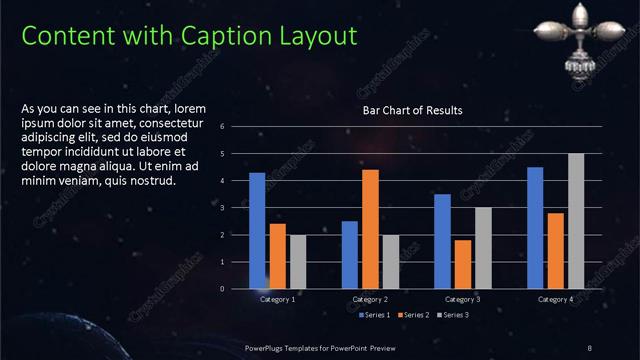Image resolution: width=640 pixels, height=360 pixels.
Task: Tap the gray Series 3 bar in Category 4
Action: point(576,221)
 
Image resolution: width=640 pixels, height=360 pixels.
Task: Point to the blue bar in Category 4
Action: point(535,228)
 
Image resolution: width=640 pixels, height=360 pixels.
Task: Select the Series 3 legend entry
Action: point(451,315)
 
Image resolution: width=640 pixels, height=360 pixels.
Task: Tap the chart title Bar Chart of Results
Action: point(412,110)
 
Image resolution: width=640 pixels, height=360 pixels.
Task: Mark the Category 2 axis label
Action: point(370,299)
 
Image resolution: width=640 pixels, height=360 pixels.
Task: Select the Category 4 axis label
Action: point(555,299)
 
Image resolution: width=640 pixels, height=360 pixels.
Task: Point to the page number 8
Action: point(590,347)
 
